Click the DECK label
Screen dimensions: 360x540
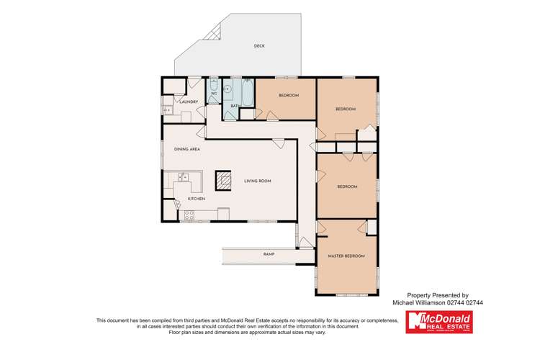[x=259, y=46]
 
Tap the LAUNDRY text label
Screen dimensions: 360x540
[x=189, y=102]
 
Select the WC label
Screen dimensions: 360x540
[x=214, y=94]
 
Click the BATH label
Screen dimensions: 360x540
[x=234, y=106]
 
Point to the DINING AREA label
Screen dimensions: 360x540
[x=186, y=149]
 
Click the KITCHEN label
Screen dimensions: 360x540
[x=197, y=198]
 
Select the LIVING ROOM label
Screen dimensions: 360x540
[x=257, y=181]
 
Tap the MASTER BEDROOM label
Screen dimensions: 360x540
[x=346, y=256]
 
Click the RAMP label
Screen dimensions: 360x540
[x=269, y=254]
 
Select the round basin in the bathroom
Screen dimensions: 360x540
[x=227, y=90]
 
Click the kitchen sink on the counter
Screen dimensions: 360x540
[x=184, y=176]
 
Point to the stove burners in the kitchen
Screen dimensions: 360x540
[x=191, y=213]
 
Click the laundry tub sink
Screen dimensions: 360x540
[x=166, y=110]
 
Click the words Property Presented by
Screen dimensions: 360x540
[x=438, y=294]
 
